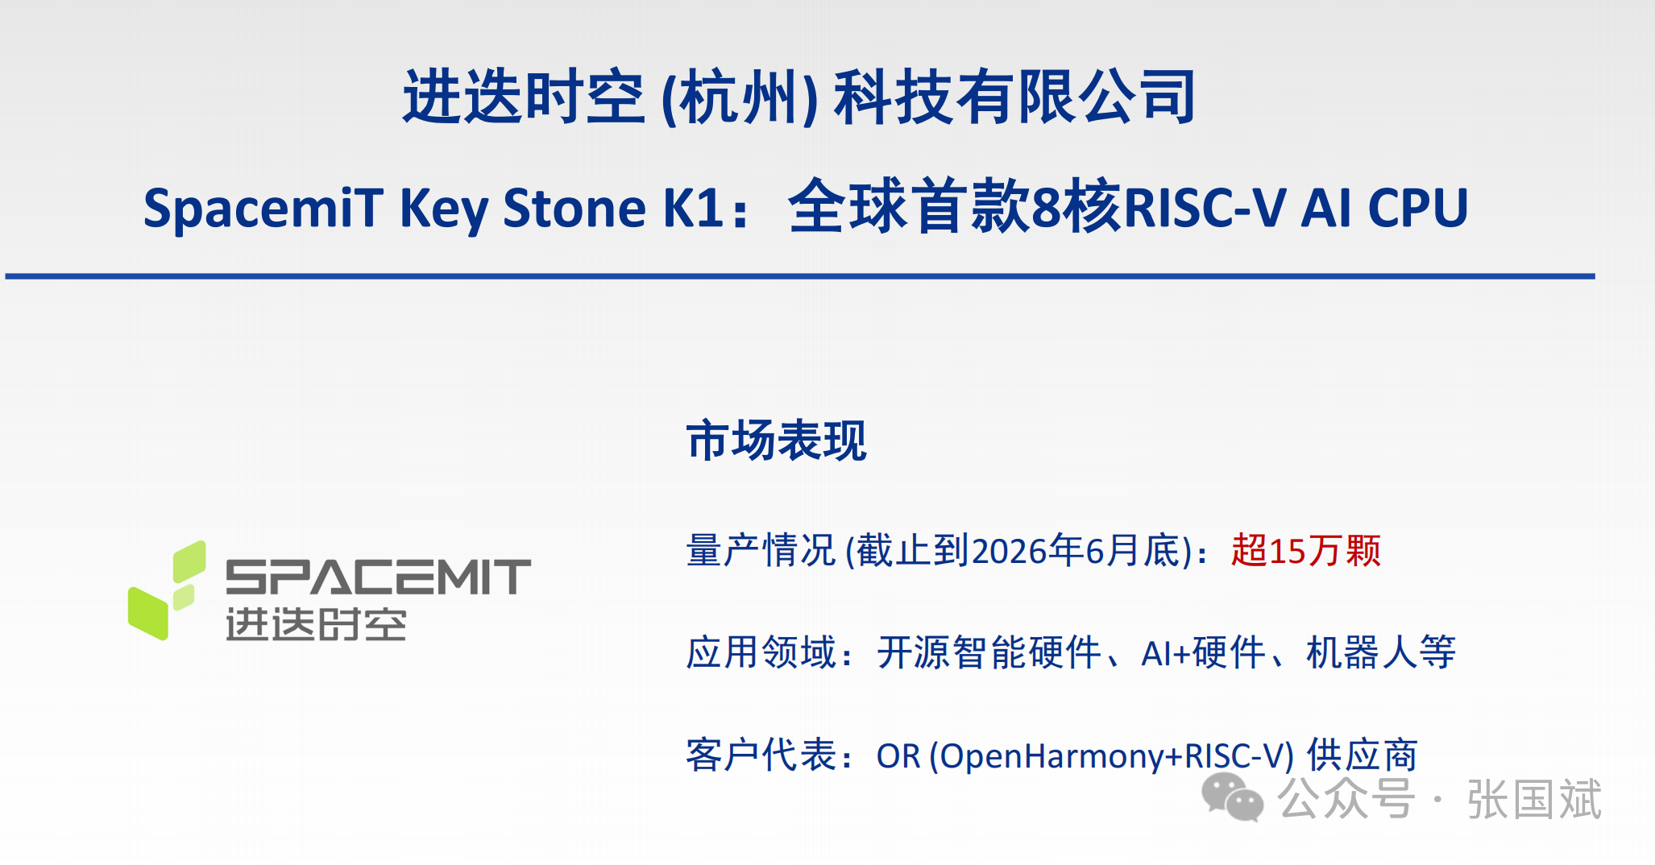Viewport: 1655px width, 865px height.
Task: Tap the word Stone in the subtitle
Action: pyautogui.click(x=574, y=208)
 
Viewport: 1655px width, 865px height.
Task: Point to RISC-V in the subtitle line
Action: pyautogui.click(x=1205, y=208)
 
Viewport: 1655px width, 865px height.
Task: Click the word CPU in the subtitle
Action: pyautogui.click(x=1418, y=208)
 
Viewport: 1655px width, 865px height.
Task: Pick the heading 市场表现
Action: pyautogui.click(x=776, y=441)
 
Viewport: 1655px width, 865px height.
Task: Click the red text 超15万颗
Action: pyautogui.click(x=1305, y=551)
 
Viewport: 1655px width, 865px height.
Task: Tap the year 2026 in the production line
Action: pyautogui.click(x=1010, y=551)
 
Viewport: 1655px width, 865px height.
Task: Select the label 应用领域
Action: pyautogui.click(x=761, y=652)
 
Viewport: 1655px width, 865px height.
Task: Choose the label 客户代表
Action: pyautogui.click(x=761, y=755)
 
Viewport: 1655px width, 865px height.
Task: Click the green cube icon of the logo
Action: pyautogui.click(x=167, y=590)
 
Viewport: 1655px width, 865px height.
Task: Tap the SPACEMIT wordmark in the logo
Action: pyautogui.click(x=378, y=577)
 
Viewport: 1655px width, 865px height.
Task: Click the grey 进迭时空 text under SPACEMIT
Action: pyautogui.click(x=316, y=624)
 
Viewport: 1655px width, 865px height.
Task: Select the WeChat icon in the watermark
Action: pyautogui.click(x=1232, y=797)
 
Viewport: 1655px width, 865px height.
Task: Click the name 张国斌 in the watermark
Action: pyautogui.click(x=1534, y=799)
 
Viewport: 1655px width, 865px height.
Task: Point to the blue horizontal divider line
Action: pyautogui.click(x=800, y=276)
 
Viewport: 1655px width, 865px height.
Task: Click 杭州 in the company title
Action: pyautogui.click(x=739, y=97)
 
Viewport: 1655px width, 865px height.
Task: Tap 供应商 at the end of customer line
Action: pyautogui.click(x=1362, y=755)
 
